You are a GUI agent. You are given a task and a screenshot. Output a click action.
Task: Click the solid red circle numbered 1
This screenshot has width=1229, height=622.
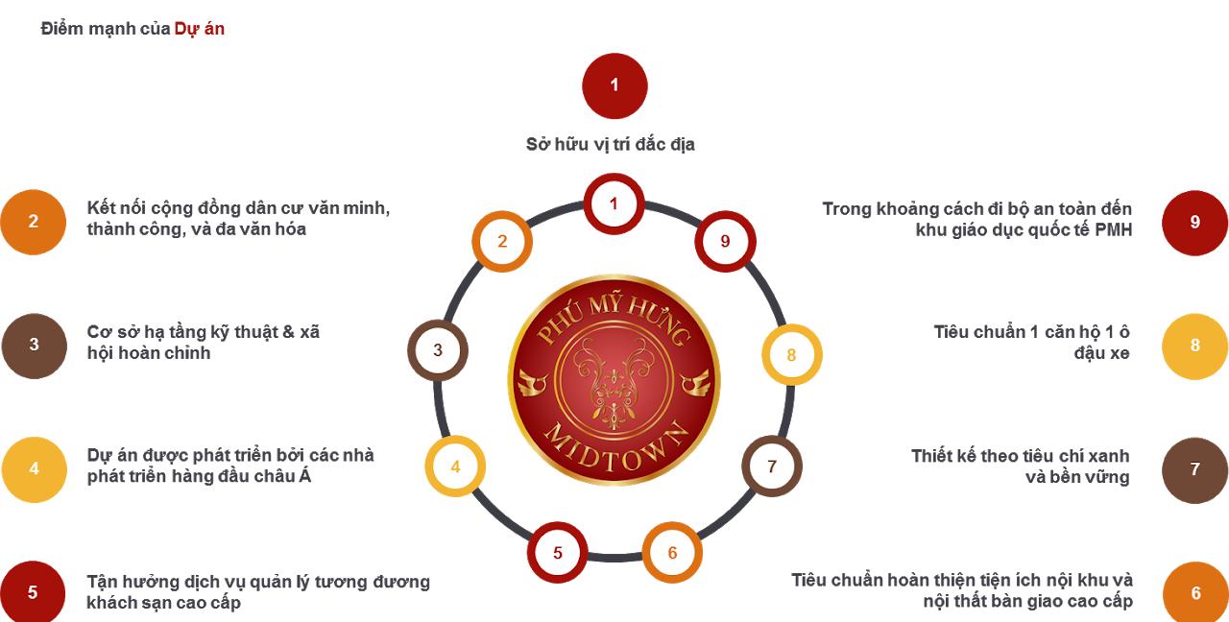click(614, 85)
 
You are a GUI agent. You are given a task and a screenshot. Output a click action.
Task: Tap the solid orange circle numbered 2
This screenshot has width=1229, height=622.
click(33, 222)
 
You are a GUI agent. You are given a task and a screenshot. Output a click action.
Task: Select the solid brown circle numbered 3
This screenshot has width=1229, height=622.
click(34, 346)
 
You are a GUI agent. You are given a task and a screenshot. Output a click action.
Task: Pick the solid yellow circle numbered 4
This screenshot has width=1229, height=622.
click(34, 469)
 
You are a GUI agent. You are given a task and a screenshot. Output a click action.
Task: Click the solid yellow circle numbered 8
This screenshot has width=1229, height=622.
click(1195, 347)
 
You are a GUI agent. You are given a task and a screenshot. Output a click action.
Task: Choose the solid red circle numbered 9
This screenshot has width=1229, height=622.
click(1195, 223)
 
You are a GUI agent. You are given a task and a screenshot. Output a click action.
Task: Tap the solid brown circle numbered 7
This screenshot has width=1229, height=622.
click(1195, 470)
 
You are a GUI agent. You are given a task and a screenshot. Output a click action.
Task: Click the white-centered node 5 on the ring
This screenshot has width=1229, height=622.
click(558, 552)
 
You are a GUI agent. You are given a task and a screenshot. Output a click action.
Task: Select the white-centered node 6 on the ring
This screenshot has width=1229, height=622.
click(672, 552)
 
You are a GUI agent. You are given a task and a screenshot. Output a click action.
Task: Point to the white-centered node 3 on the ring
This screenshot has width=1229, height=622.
click(437, 350)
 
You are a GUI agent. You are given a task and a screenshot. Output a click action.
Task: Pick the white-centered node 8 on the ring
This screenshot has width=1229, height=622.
click(791, 354)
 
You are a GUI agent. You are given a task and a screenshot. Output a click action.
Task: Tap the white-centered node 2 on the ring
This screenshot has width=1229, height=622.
click(502, 241)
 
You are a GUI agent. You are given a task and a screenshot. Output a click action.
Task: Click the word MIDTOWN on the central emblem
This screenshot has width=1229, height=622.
click(615, 447)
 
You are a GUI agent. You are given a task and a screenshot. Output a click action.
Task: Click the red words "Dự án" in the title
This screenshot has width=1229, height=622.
click(199, 29)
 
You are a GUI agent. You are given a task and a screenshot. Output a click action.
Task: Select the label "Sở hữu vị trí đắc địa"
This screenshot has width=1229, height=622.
click(610, 144)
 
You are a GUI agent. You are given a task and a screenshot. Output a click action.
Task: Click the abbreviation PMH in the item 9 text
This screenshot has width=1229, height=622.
click(1113, 229)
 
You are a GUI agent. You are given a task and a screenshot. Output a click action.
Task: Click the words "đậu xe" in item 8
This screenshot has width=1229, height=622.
click(1101, 353)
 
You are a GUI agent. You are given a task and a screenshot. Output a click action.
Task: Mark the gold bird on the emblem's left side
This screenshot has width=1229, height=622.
click(533, 382)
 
